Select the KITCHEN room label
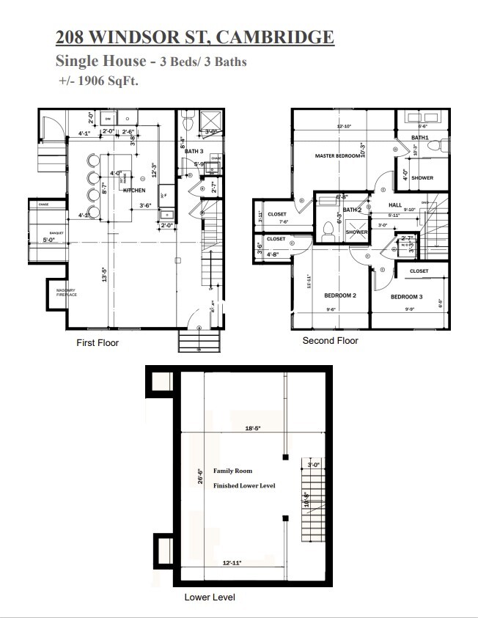[134, 191]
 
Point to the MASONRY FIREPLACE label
[67, 293]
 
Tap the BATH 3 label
[194, 152]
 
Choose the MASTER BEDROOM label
[337, 156]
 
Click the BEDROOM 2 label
[339, 296]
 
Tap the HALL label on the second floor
[395, 205]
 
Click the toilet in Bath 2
[328, 229]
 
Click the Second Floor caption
[330, 341]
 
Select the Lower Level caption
[210, 597]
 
